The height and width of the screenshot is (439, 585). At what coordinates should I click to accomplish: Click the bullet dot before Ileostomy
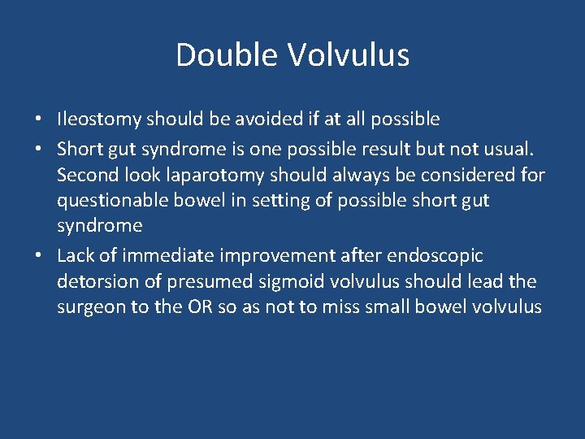coord(39,120)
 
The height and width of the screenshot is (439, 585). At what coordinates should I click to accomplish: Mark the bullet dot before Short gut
coord(39,149)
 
